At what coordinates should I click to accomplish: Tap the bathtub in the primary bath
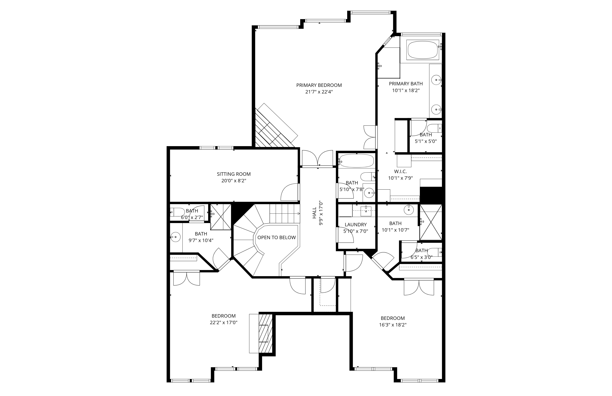(422, 50)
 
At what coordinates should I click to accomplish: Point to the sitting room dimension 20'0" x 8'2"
(234, 181)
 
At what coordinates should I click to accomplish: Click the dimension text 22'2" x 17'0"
(223, 322)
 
